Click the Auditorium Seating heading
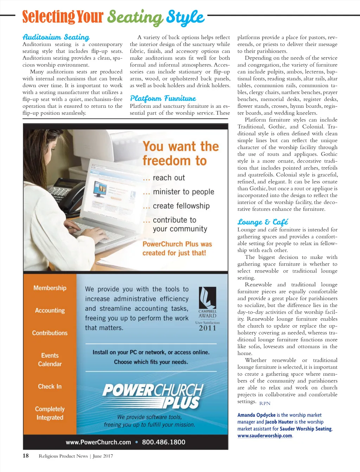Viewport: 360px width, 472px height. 56,37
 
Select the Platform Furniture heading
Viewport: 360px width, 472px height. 163,98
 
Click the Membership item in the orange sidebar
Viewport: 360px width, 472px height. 50,288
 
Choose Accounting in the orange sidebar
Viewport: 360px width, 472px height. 50,310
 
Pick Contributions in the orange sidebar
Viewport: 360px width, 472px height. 50,333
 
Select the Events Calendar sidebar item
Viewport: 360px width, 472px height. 50,360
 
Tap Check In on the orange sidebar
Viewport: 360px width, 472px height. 50,386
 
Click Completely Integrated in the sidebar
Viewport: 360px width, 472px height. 50,413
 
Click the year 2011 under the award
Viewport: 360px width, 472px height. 207,328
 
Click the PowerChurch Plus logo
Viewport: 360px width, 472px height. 153,395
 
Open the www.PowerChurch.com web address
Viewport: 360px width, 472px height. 98,442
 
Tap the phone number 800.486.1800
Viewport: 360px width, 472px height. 163,442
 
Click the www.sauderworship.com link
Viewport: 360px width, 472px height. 265,436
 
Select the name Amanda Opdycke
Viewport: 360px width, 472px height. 256,415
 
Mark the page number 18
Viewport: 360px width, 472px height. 26,456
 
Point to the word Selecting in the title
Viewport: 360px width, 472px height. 49,17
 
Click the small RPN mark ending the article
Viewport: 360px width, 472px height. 265,404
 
